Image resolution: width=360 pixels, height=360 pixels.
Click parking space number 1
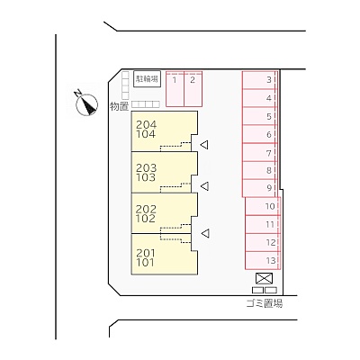175,89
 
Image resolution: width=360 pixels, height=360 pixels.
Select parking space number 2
193,89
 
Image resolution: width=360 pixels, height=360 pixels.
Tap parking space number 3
260,80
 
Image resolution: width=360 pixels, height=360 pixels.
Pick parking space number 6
260,134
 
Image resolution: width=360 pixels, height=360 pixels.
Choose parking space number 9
260,188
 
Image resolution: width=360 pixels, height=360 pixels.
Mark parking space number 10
263,206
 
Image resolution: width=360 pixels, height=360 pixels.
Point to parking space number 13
263,260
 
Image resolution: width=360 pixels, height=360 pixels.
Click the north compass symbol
86,103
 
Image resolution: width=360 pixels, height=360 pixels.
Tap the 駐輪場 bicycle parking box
147,79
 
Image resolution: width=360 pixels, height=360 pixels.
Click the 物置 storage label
119,106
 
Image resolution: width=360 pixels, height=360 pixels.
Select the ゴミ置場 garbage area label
265,303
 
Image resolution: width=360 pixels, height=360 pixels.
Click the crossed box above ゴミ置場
264,278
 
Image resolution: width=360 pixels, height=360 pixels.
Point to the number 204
146,124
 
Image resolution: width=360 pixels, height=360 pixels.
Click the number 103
146,177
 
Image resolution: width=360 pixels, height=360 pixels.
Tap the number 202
146,209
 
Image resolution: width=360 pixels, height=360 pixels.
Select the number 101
145,263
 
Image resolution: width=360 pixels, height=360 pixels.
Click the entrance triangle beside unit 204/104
204,145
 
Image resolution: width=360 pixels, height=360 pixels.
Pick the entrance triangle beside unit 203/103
204,186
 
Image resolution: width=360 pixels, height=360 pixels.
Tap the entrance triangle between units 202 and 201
205,233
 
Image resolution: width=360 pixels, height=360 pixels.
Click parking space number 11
263,224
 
